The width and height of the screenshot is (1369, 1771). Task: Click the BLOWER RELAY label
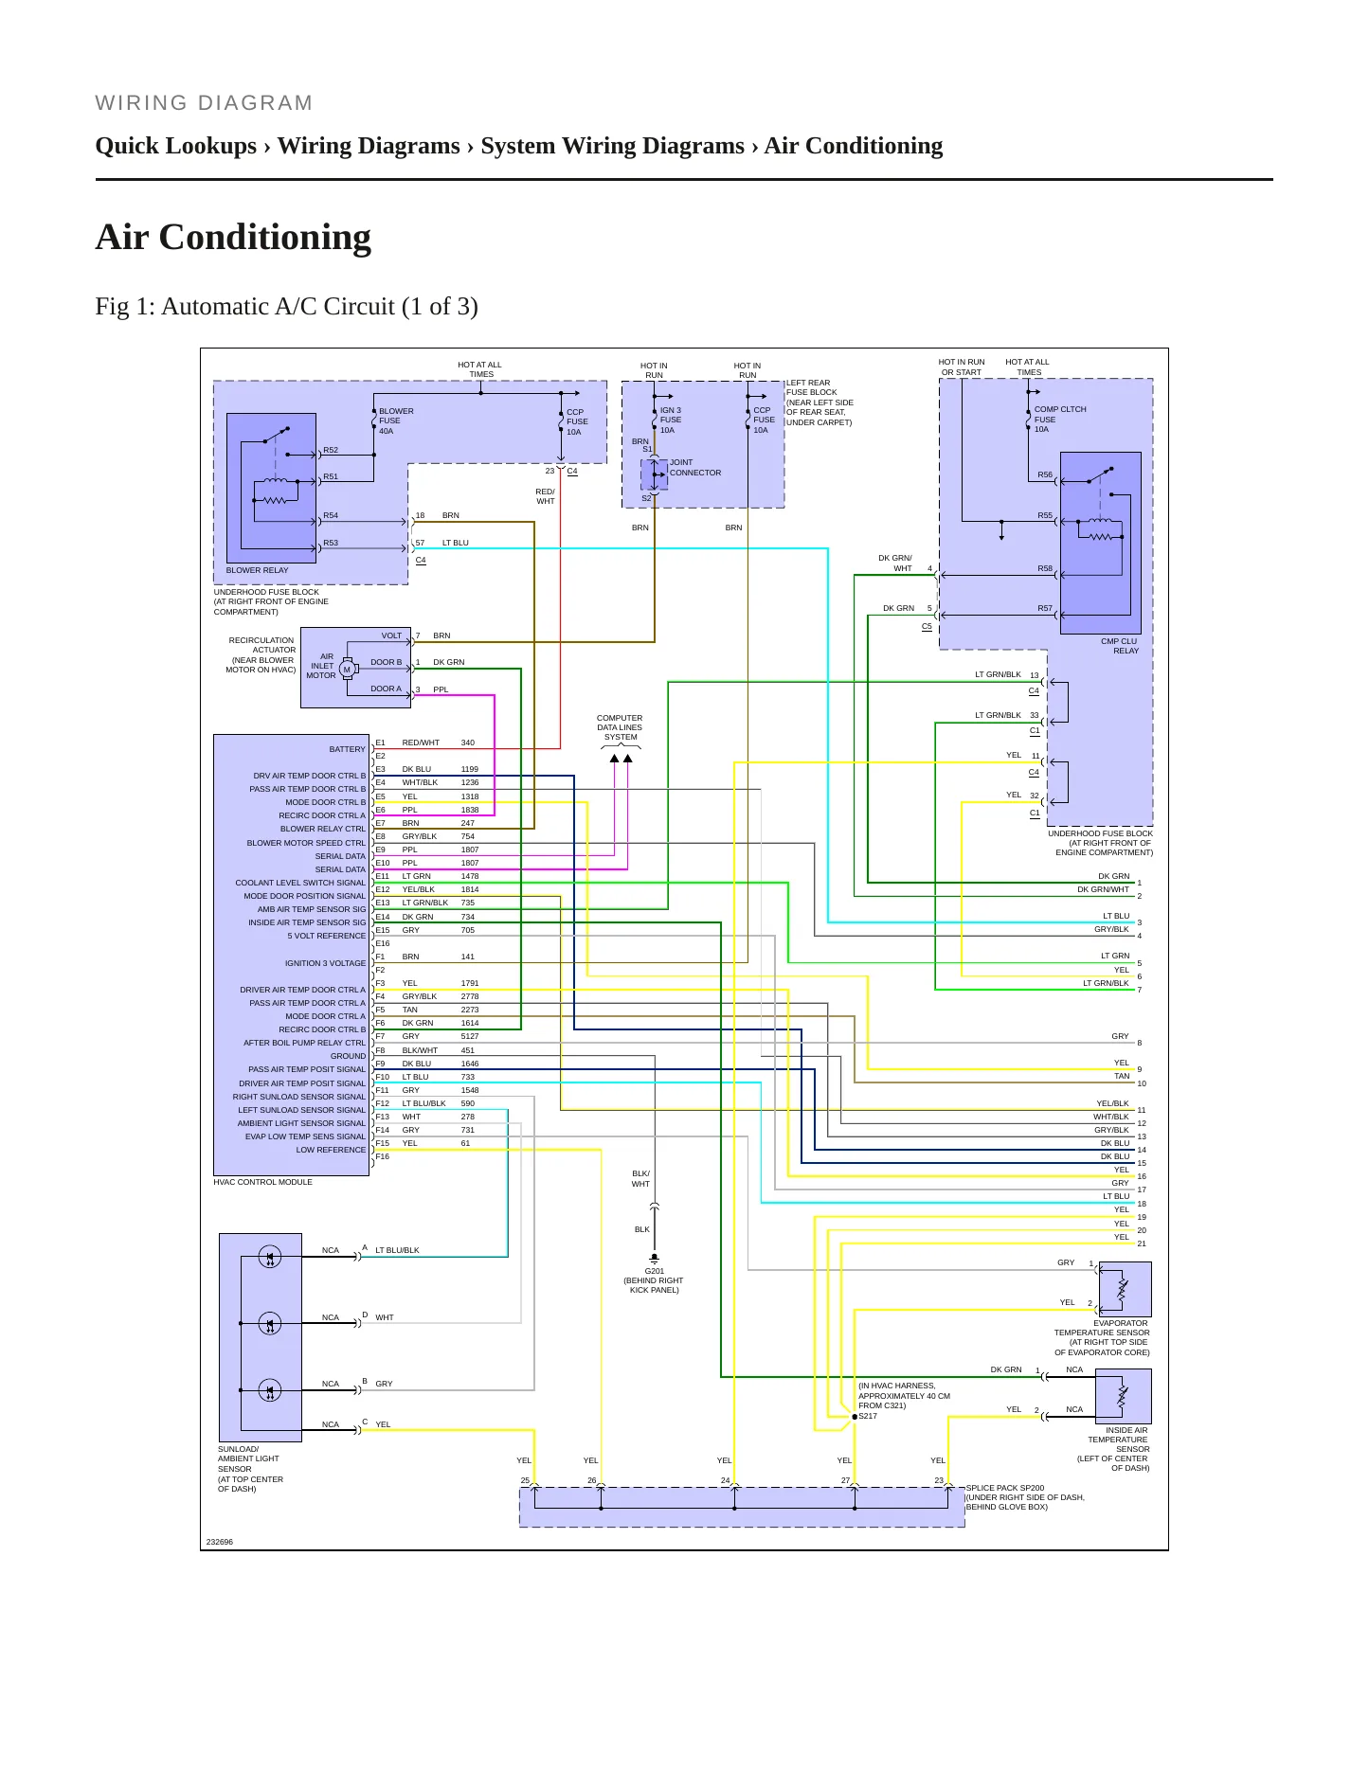coord(257,570)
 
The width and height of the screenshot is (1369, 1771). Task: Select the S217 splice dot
coord(855,1417)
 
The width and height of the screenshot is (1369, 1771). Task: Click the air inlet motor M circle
coord(347,670)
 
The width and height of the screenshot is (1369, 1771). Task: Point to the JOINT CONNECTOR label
coord(695,468)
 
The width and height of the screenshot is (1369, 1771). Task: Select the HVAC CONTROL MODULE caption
coord(262,1182)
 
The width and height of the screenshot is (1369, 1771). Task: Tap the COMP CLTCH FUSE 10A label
coord(1059,420)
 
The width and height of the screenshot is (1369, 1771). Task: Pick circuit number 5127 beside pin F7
coord(470,1036)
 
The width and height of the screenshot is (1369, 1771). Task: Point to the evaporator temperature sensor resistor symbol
coord(1123,1289)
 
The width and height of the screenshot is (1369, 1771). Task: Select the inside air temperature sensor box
coord(1124,1397)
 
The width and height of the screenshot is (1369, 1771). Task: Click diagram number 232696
coord(219,1542)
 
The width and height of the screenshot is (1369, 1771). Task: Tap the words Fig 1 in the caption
coord(120,307)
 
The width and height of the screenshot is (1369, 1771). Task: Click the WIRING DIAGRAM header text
coord(204,103)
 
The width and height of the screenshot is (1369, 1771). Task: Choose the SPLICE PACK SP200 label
coord(1005,1488)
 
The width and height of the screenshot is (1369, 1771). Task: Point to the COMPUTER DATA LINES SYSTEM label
coord(620,727)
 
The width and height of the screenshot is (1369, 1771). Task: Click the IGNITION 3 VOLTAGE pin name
coord(325,963)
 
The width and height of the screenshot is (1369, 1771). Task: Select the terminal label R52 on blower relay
coord(331,450)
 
